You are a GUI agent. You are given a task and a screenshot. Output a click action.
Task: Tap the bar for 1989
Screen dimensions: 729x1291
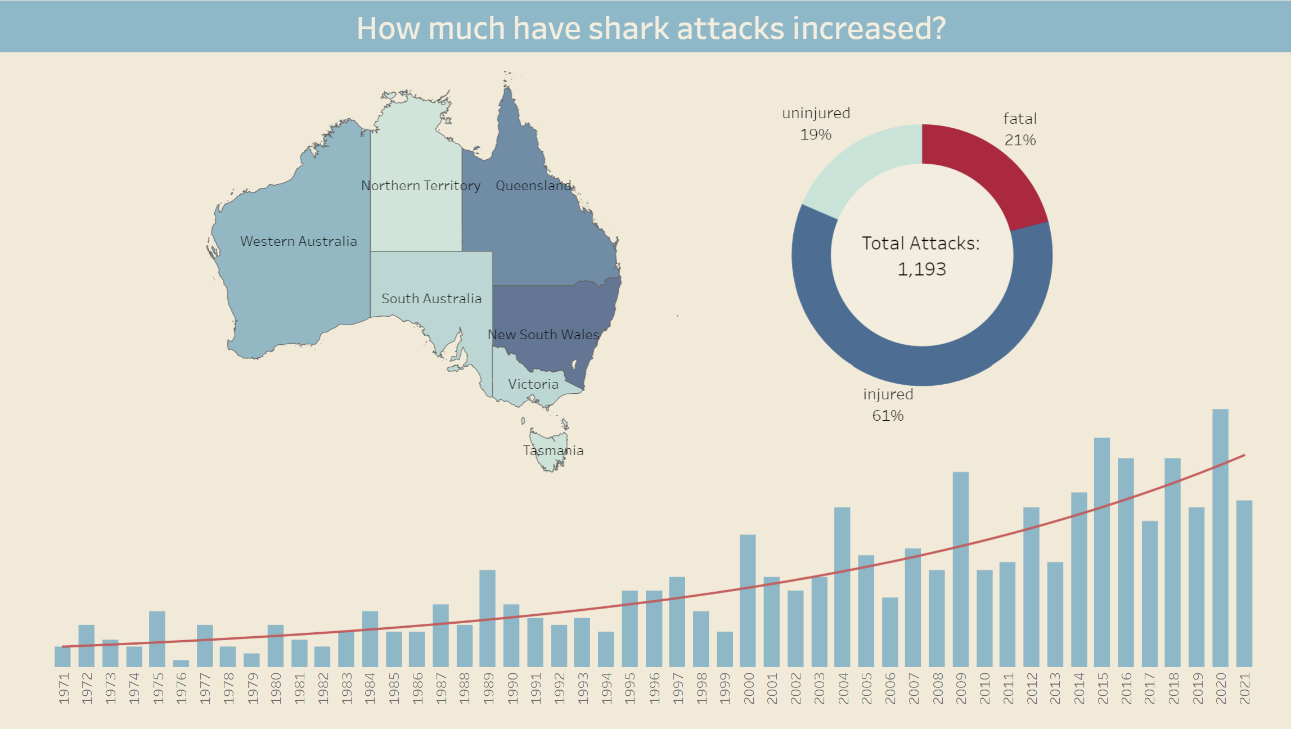487,618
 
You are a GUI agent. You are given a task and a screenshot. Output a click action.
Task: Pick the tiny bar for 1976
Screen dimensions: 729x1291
181,663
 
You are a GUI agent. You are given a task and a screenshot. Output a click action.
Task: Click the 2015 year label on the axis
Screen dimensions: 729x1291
1103,688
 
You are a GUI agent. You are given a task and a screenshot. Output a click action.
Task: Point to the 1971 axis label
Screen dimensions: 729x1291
64,688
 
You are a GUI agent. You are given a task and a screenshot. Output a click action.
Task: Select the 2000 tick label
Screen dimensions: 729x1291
748,688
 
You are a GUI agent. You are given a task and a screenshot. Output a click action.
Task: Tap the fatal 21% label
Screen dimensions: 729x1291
1020,129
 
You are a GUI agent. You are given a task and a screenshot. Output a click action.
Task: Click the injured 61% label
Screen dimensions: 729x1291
888,405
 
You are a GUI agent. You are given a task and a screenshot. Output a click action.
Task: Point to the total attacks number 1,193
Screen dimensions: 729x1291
921,269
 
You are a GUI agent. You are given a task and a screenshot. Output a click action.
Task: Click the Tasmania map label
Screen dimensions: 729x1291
553,451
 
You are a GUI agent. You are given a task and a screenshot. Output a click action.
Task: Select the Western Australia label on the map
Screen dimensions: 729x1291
298,241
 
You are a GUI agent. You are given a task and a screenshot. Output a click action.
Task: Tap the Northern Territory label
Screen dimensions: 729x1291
420,186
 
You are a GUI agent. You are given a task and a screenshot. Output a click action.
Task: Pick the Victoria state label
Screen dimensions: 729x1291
533,384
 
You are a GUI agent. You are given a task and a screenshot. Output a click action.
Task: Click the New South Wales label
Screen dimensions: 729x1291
543,335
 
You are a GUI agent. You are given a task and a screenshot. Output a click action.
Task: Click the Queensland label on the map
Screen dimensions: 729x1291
533,186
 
